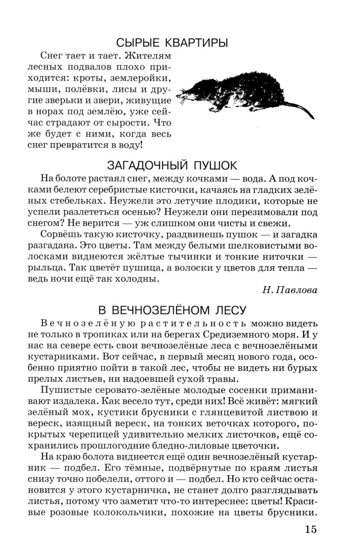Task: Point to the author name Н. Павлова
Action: point(290,290)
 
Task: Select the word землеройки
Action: point(142,78)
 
